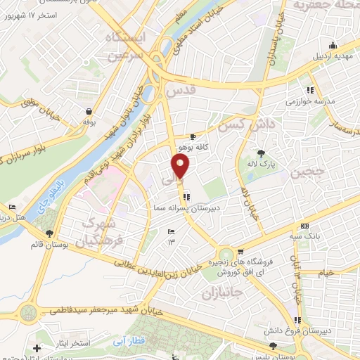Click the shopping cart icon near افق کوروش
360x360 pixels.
240,251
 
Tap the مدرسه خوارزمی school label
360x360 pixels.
310,101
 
